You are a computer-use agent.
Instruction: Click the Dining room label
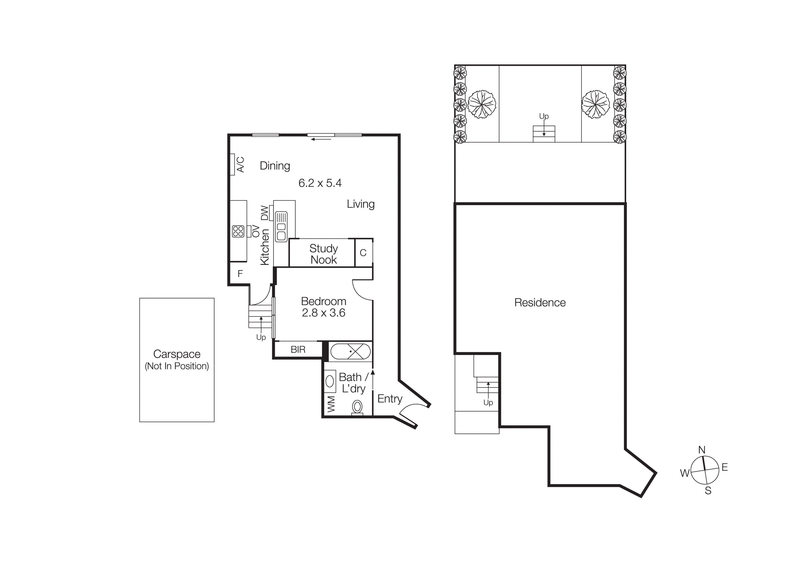(275, 166)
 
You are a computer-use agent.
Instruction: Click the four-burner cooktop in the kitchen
(238, 231)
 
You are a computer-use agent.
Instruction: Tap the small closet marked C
(363, 253)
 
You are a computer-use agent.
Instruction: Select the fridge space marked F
(240, 274)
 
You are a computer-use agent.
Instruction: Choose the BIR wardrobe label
(298, 350)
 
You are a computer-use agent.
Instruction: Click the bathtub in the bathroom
(350, 351)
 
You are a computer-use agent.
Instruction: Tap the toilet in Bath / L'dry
(357, 407)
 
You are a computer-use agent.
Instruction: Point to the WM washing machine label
(331, 404)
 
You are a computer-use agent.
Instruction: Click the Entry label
(389, 399)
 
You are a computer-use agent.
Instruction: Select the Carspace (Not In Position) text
(177, 360)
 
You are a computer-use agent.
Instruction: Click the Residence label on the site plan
(540, 303)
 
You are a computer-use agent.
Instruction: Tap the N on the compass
(702, 450)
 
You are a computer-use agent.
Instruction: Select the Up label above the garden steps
(544, 116)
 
